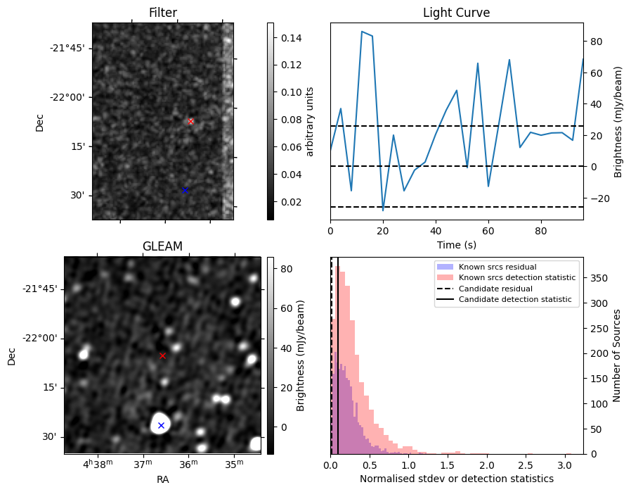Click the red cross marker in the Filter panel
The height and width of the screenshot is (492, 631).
(x=190, y=121)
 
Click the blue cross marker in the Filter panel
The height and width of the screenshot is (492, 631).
(x=185, y=190)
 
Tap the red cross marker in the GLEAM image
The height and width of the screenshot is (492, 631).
(x=162, y=355)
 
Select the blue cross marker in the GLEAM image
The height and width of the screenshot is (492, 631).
(x=161, y=425)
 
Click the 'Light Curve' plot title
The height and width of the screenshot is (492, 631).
(x=456, y=13)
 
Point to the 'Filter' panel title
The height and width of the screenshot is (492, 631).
(x=163, y=13)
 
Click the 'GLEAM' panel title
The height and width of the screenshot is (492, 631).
(x=162, y=246)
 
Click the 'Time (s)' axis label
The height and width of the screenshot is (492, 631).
(x=456, y=244)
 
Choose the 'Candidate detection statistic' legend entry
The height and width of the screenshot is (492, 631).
(x=514, y=300)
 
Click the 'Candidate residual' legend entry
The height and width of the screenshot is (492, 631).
(x=495, y=289)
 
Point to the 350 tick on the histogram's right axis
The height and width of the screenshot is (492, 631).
(x=597, y=277)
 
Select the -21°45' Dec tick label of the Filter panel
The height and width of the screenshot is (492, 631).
(x=67, y=48)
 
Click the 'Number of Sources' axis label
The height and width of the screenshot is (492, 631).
(x=617, y=355)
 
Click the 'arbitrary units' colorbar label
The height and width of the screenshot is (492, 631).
(x=310, y=121)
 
